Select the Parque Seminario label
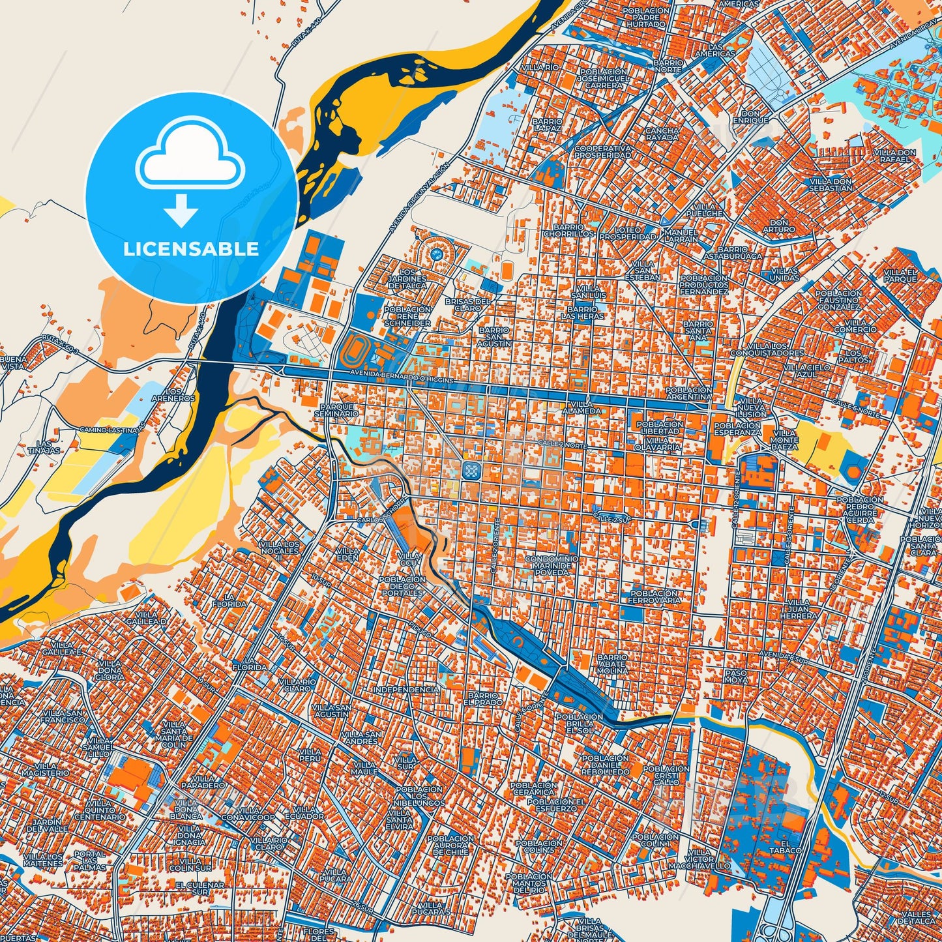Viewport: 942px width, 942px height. pyautogui.click(x=336, y=409)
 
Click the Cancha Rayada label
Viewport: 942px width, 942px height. pyautogui.click(x=662, y=134)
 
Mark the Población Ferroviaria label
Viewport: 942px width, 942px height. pyautogui.click(x=655, y=597)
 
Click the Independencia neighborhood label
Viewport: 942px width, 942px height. pyautogui.click(x=405, y=689)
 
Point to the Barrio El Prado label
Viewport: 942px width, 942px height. pyautogui.click(x=483, y=700)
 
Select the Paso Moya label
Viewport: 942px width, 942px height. pyautogui.click(x=736, y=676)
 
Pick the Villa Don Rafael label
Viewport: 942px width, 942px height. pyautogui.click(x=898, y=156)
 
